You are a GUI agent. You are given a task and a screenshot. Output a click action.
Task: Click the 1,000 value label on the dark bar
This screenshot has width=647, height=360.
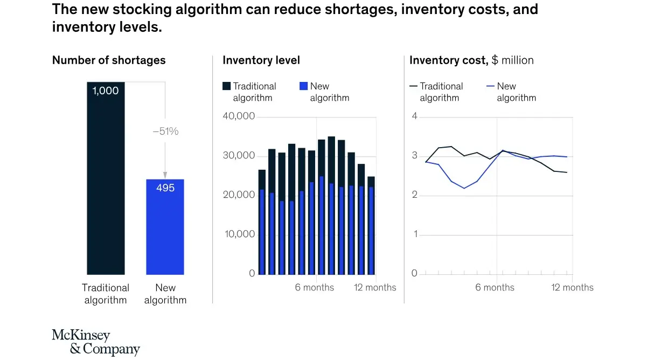click(106, 91)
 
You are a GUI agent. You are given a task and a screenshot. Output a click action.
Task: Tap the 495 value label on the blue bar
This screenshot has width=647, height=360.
click(165, 188)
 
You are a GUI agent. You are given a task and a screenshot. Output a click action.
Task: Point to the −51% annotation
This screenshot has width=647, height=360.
click(165, 131)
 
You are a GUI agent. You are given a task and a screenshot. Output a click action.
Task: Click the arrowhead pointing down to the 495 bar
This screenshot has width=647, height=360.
click(165, 175)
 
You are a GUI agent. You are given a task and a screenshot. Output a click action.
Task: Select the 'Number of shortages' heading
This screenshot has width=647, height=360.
click(109, 60)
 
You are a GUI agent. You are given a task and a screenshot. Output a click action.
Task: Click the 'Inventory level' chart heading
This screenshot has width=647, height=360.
click(261, 60)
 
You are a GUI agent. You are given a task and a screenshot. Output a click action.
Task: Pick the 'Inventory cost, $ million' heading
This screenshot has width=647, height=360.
click(471, 60)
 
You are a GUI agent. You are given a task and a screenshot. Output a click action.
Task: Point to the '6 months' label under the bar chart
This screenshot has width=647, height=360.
click(314, 287)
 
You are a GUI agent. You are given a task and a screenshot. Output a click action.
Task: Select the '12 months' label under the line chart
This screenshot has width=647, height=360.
click(572, 287)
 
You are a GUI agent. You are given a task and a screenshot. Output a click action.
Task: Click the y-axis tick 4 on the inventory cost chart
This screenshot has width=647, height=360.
click(414, 116)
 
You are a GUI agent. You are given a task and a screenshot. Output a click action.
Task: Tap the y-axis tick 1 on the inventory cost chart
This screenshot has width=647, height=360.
click(414, 234)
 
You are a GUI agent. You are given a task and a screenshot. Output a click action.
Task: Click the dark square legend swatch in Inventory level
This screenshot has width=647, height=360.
click(227, 86)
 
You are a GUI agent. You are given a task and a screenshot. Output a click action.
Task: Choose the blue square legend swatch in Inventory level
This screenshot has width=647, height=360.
click(303, 86)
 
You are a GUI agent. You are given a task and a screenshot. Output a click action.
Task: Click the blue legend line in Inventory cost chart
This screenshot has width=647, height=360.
click(490, 86)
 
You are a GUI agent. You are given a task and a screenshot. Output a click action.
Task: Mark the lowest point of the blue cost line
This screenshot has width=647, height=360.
click(464, 188)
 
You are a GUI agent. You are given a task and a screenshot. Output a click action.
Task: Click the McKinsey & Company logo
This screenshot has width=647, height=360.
click(96, 342)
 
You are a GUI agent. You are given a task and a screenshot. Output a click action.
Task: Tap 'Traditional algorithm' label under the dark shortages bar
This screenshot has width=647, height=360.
click(106, 294)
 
